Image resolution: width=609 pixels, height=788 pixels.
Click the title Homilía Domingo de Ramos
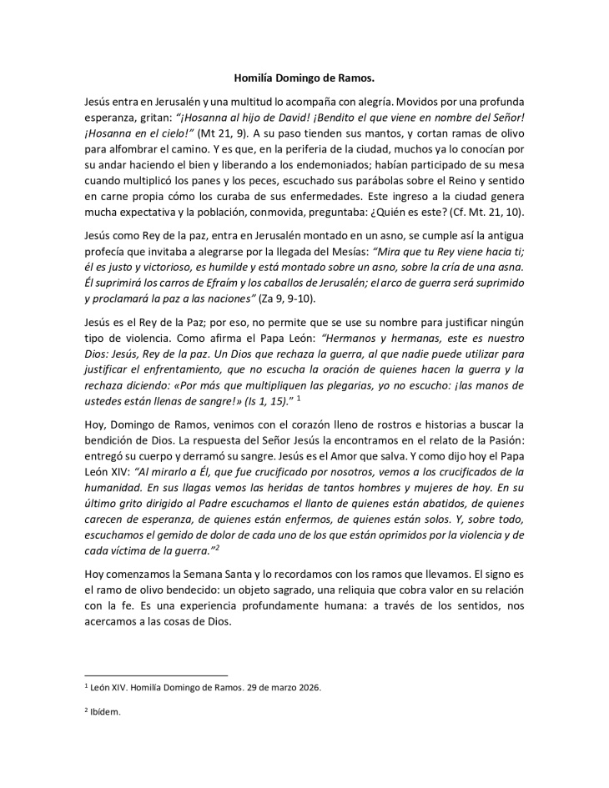coord(304,78)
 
